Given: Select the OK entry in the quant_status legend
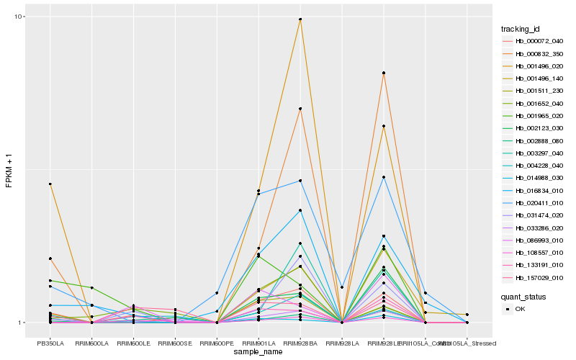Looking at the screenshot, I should [521, 309].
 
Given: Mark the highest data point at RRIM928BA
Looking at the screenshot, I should [300, 19].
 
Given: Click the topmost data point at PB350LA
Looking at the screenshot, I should [50, 184].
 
